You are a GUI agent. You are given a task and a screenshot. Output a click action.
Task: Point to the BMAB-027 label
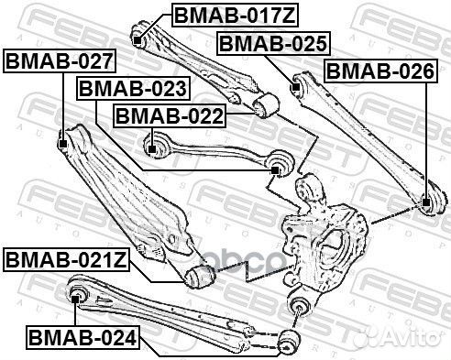(x=60, y=61)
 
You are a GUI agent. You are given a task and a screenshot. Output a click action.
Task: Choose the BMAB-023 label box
(x=133, y=89)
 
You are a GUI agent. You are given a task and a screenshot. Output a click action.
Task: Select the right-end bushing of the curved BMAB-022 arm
(x=280, y=166)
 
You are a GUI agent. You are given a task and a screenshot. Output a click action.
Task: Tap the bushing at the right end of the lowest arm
(x=291, y=341)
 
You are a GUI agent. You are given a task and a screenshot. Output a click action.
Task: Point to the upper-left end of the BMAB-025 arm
(x=296, y=88)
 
